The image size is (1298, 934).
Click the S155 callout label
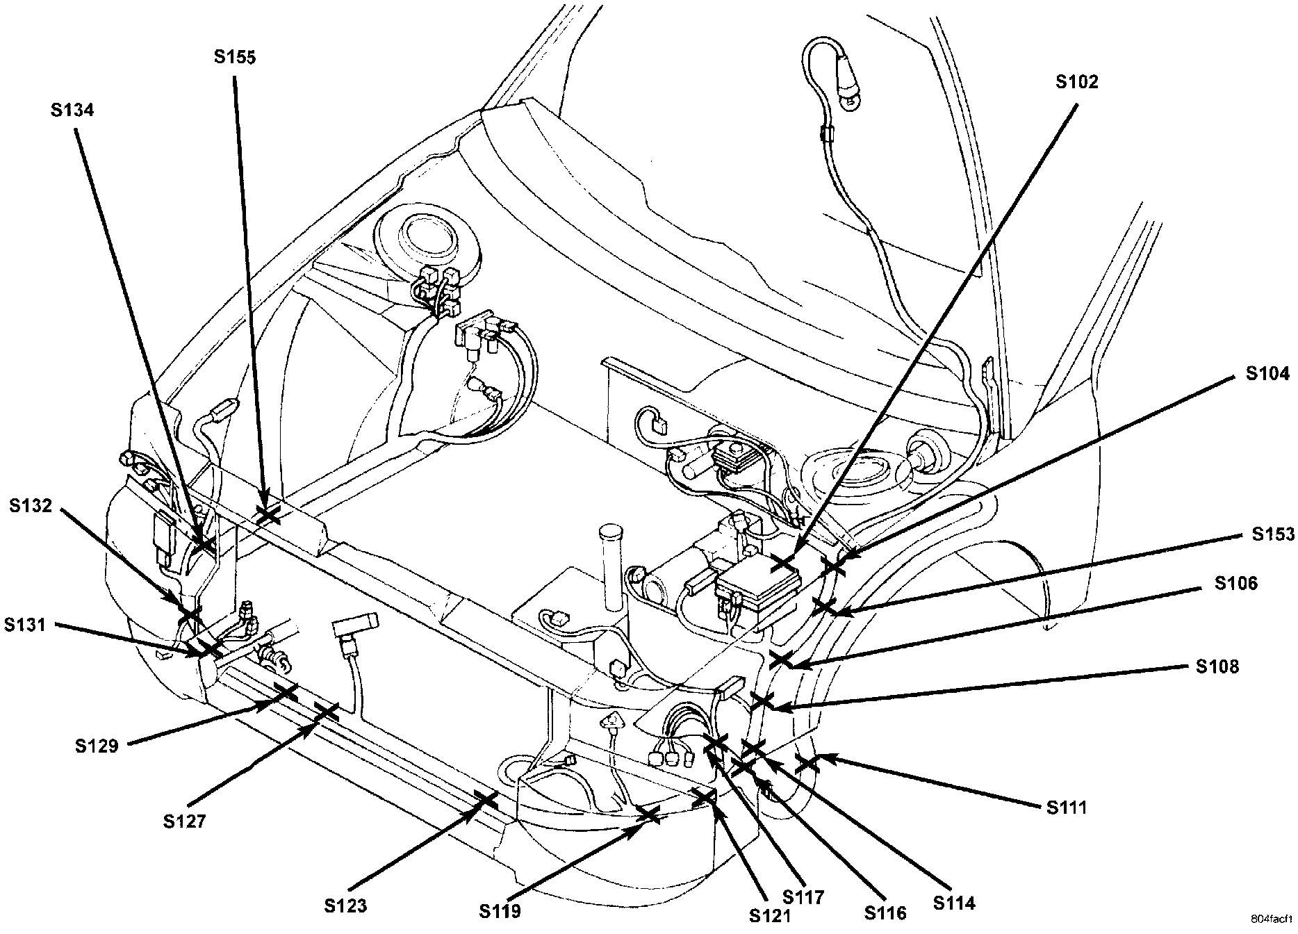[x=235, y=58]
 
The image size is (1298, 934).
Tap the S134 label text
[x=72, y=110]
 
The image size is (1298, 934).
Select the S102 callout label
[x=1077, y=82]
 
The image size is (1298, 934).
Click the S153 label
[x=1274, y=534]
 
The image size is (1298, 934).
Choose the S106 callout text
[x=1236, y=583]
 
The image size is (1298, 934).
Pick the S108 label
[x=1217, y=666]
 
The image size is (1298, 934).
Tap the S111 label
[x=1067, y=807]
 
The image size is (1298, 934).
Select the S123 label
[x=345, y=906]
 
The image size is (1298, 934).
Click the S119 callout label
[x=500, y=910]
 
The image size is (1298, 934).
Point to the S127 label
[x=185, y=821]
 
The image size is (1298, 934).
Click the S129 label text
[x=97, y=746]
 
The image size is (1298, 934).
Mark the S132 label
[x=31, y=506]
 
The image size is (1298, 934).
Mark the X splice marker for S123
[x=486, y=800]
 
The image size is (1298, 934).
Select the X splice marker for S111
[x=807, y=764]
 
